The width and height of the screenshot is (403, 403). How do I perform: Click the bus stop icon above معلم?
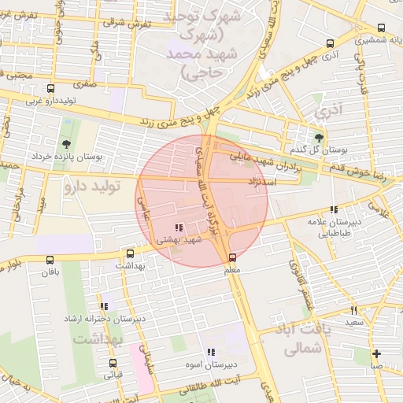pos(232,257)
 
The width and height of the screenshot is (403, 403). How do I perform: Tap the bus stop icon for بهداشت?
pos(131,253)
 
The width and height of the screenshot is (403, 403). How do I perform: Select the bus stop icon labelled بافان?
pos(50,260)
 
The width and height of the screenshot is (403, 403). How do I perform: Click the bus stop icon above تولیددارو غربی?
pos(51,89)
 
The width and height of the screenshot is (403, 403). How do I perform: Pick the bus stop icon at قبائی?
pos(113,364)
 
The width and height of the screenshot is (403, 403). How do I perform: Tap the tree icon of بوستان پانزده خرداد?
pos(66,144)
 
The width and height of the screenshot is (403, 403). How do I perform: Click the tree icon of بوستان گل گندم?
pos(319,137)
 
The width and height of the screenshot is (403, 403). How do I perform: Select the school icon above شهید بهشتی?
pos(179,227)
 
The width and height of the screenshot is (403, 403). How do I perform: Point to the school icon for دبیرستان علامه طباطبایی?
pos(335,210)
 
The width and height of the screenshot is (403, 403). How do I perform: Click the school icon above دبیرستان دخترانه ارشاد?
pos(103,306)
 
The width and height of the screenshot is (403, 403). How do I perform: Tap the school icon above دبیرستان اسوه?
pos(210,353)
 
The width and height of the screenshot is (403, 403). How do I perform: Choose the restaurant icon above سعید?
pos(353,310)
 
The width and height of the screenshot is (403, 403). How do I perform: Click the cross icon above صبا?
pos(377,353)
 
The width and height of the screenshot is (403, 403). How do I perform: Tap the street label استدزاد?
pos(281,182)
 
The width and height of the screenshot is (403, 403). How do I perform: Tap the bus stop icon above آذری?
pos(330,44)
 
